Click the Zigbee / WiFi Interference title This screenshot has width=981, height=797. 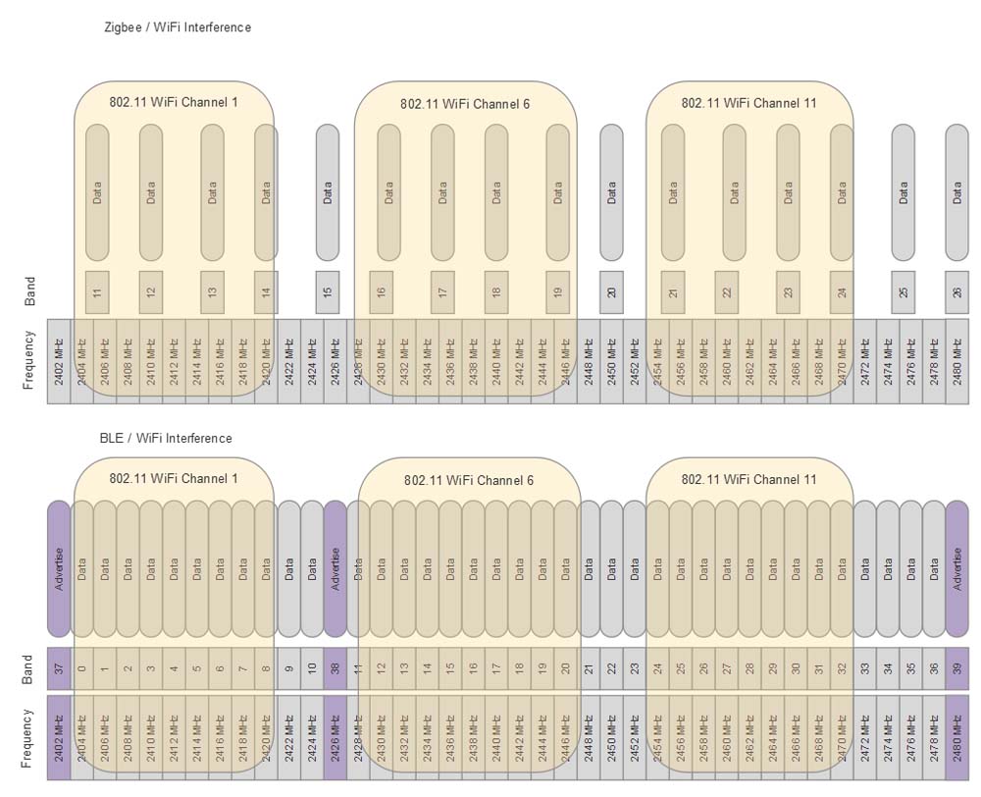coord(178,27)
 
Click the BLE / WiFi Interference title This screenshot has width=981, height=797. coord(166,438)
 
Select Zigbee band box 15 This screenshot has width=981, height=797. coord(328,291)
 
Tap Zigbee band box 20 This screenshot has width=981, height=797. coord(611,291)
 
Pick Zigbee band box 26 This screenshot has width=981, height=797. coord(956,291)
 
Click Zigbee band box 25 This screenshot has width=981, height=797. coord(903,291)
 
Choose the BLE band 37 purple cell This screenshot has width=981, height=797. coord(59,668)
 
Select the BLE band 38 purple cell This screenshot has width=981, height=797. coord(336,668)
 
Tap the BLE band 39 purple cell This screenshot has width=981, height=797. coord(956,668)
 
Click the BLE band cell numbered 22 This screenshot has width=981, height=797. coord(611,668)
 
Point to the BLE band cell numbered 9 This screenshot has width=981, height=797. coord(289,668)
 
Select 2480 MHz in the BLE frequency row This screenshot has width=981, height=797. coord(956,737)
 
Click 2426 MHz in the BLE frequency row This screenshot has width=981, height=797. coord(336,737)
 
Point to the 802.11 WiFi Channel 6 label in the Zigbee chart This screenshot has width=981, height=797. coord(465,103)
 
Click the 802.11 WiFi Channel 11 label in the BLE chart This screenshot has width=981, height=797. coord(749,480)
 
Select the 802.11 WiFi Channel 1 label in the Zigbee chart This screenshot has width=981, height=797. coord(174,101)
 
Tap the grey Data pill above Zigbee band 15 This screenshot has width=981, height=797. coord(328,192)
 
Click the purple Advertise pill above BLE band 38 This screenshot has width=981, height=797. coord(336,569)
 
